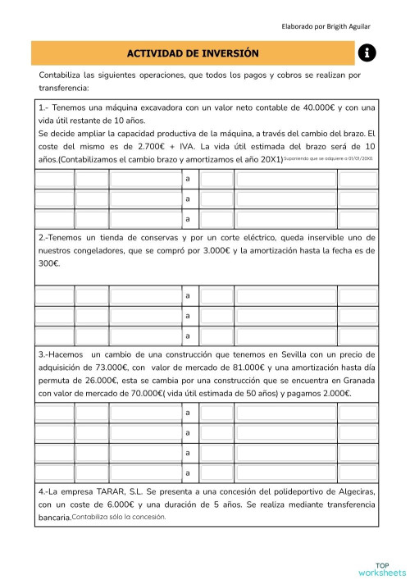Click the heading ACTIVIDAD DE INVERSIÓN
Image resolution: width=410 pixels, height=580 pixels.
pyautogui.click(x=193, y=53)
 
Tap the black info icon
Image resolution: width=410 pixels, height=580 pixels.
pyautogui.click(x=367, y=53)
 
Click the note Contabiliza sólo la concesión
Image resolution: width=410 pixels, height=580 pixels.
pyautogui.click(x=119, y=517)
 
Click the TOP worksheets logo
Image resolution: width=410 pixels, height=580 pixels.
pyautogui.click(x=381, y=568)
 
